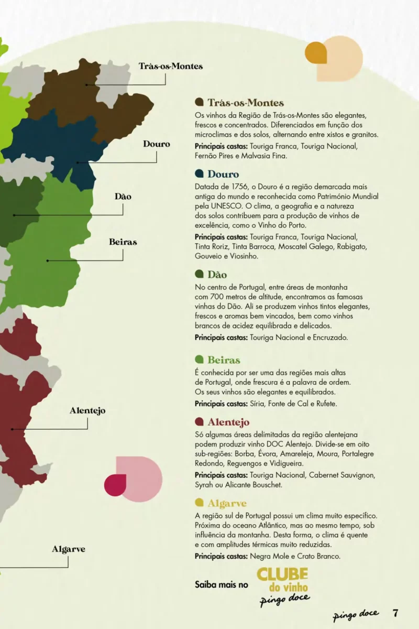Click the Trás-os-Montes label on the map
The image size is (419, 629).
(170, 66)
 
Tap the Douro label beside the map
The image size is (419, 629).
(157, 144)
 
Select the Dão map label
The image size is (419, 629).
(123, 197)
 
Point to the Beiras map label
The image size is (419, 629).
(123, 242)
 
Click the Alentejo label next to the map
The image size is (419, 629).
(87, 410)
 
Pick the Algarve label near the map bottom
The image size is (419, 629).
(68, 549)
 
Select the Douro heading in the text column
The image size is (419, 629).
(223, 174)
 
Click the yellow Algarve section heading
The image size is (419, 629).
(227, 503)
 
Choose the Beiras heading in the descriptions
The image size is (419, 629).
(224, 360)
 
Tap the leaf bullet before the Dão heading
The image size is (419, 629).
(199, 274)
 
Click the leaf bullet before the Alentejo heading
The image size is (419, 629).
(199, 422)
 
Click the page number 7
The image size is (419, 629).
(396, 613)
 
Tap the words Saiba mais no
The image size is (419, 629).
(222, 584)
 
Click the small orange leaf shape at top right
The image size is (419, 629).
(316, 52)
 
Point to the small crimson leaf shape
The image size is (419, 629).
(115, 484)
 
